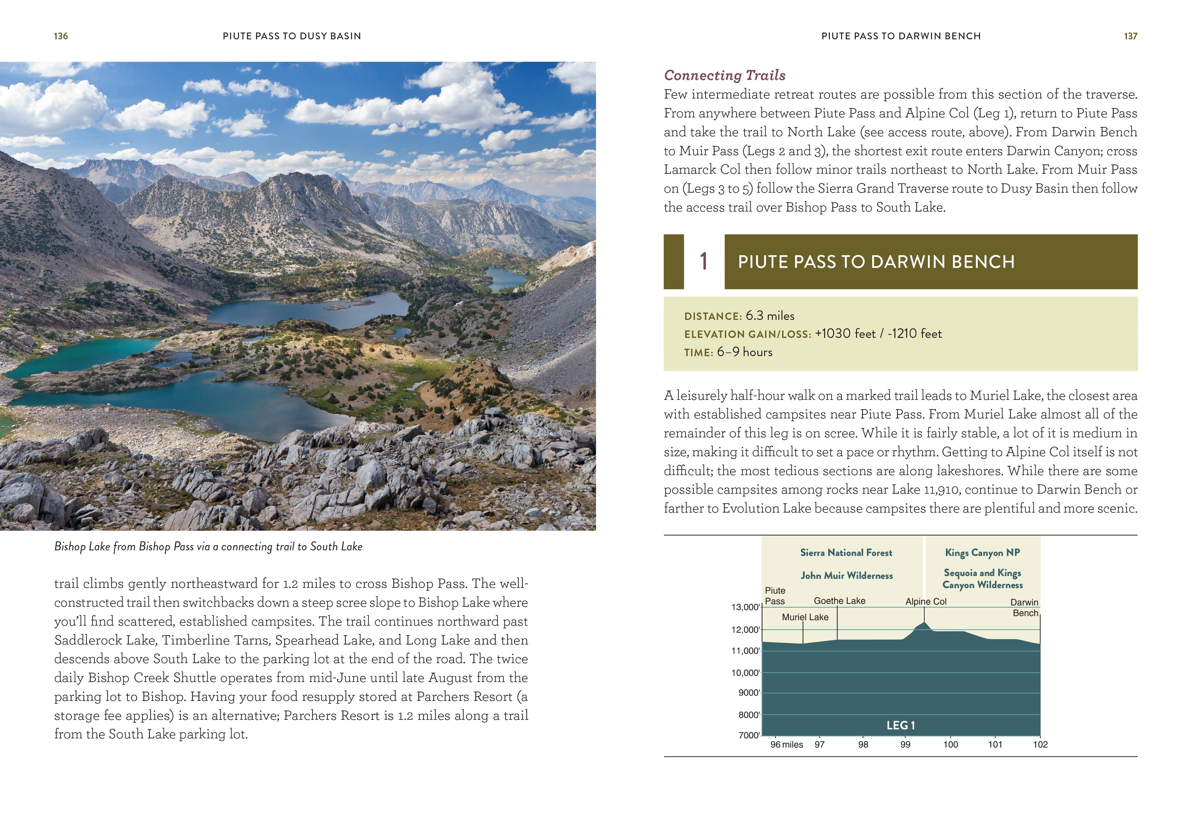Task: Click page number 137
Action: pyautogui.click(x=1130, y=36)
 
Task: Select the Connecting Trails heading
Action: pyautogui.click(x=724, y=75)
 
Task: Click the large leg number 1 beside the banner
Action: pyautogui.click(x=704, y=262)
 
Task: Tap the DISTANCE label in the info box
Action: pyautogui.click(x=712, y=317)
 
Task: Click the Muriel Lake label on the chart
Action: pyautogui.click(x=805, y=617)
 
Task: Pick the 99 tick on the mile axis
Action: pyautogui.click(x=905, y=744)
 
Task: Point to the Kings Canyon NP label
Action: pyautogui.click(x=982, y=553)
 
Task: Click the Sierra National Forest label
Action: pyautogui.click(x=846, y=553)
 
